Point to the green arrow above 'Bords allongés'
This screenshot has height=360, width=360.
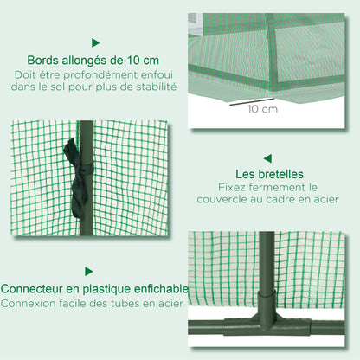(95, 42)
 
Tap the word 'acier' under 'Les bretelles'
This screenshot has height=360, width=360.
(319, 201)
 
